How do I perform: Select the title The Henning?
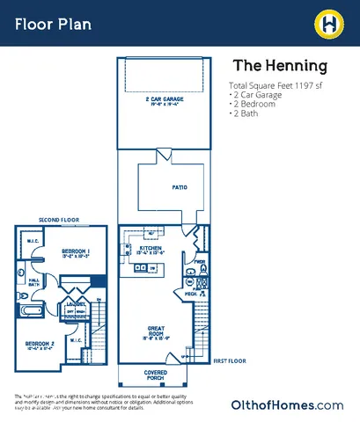pos(279,66)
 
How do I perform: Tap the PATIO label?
pos(179,187)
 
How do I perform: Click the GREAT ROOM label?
pos(157,331)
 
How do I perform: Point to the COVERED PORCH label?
pos(157,375)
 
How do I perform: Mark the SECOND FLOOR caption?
pos(59,220)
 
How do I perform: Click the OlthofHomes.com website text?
pos(286,404)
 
